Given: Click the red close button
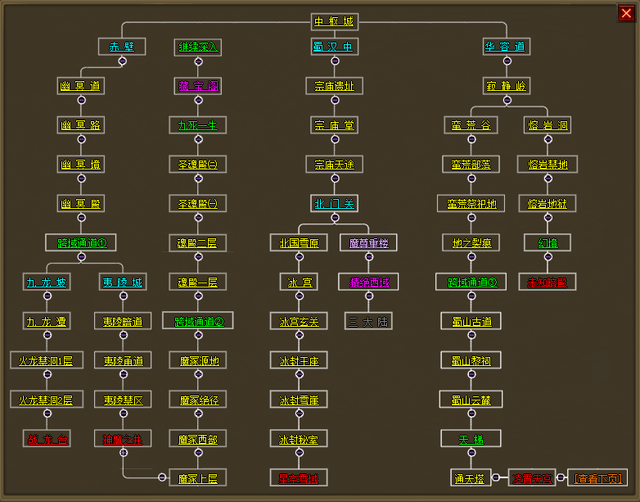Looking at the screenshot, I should point(626,12).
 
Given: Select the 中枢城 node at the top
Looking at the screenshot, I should point(335,21).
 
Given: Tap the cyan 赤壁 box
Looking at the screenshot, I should point(122,47).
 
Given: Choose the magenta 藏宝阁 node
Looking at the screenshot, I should point(198,86).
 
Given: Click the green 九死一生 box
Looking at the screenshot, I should point(198,125).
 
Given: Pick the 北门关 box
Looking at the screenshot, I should point(334,203).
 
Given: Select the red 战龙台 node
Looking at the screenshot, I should point(47,439).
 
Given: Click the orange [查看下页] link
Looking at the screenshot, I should point(597,477).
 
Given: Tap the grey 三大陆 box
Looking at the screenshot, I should point(368,321).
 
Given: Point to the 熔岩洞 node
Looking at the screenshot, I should point(547,125).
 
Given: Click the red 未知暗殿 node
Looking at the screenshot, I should point(547,282).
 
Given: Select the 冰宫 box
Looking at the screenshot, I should point(299,282).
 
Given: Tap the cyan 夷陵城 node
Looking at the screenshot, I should point(122,282).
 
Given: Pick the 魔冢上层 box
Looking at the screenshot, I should point(198,477).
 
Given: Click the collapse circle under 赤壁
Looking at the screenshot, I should point(122,61).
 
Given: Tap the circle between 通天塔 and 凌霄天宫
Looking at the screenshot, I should point(496,477).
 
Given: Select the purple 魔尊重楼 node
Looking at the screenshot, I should point(368,242).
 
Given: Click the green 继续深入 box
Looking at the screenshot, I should point(198,47).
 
